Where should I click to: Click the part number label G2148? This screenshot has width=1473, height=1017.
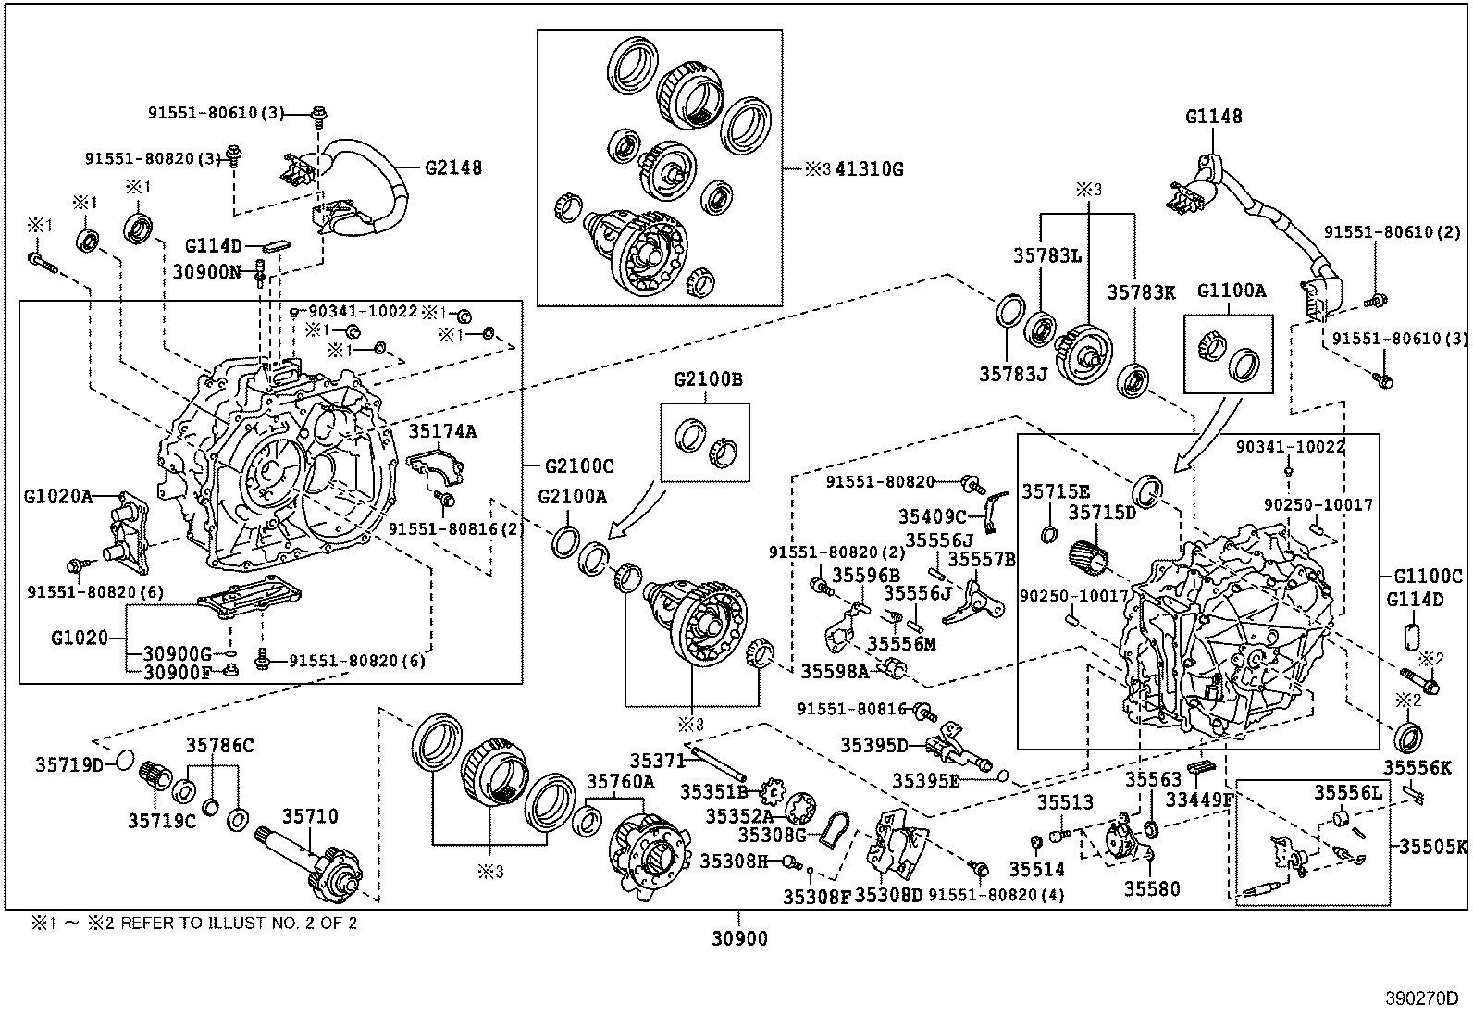(x=453, y=168)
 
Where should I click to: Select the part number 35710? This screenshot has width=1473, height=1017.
(x=310, y=816)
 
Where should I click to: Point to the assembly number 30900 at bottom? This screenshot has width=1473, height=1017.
(x=740, y=939)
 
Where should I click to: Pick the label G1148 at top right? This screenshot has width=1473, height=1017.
(x=1214, y=117)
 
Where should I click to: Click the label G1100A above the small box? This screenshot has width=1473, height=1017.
(x=1231, y=290)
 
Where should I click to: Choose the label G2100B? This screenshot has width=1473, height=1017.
(x=708, y=379)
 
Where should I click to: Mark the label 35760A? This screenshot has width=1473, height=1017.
(x=620, y=781)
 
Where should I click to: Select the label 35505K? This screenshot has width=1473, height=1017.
(x=1432, y=846)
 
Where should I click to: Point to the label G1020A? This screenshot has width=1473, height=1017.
(x=58, y=496)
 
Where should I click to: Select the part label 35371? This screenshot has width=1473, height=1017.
(x=658, y=761)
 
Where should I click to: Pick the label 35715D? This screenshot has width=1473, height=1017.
(x=1102, y=512)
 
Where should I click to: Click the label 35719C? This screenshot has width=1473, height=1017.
(x=162, y=821)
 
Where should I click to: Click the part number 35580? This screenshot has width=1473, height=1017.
(x=1152, y=888)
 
